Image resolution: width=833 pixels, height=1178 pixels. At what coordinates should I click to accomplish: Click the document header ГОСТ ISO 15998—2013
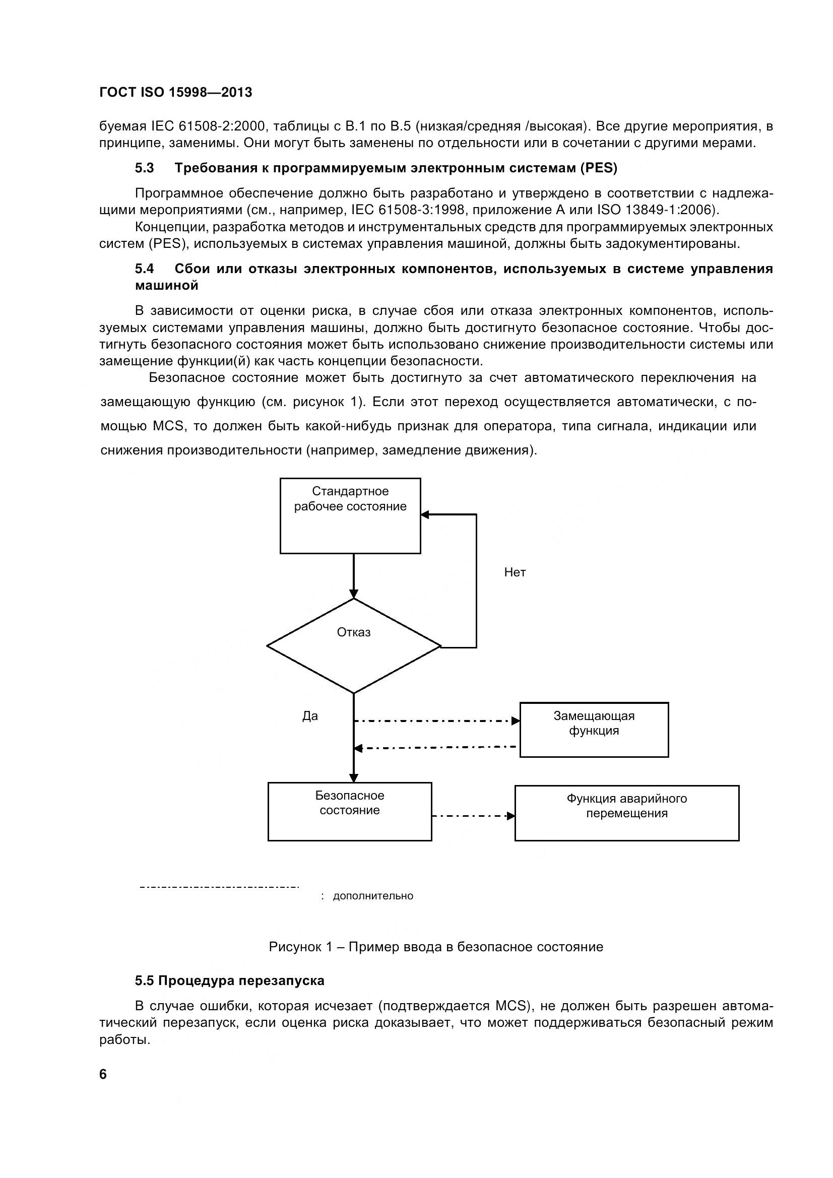[175, 92]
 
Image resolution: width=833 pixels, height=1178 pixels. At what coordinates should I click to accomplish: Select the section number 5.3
[144, 168]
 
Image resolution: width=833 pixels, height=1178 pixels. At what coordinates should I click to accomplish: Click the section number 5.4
[144, 269]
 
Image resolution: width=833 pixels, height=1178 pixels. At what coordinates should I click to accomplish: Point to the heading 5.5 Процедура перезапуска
[229, 980]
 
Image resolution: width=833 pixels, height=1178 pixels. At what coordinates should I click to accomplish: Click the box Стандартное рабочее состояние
[350, 515]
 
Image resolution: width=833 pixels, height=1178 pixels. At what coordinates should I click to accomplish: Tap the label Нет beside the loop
[515, 572]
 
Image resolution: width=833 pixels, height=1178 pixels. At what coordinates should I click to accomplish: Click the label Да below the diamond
[310, 716]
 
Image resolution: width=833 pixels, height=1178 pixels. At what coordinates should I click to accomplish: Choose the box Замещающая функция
[594, 730]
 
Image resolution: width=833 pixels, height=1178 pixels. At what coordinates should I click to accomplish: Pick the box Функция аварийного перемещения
[627, 813]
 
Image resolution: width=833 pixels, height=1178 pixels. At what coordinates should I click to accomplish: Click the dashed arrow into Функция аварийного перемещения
[473, 816]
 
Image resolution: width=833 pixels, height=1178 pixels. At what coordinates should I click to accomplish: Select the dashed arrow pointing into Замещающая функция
[436, 721]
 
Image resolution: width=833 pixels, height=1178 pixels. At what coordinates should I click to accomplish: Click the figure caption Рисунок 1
[436, 947]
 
